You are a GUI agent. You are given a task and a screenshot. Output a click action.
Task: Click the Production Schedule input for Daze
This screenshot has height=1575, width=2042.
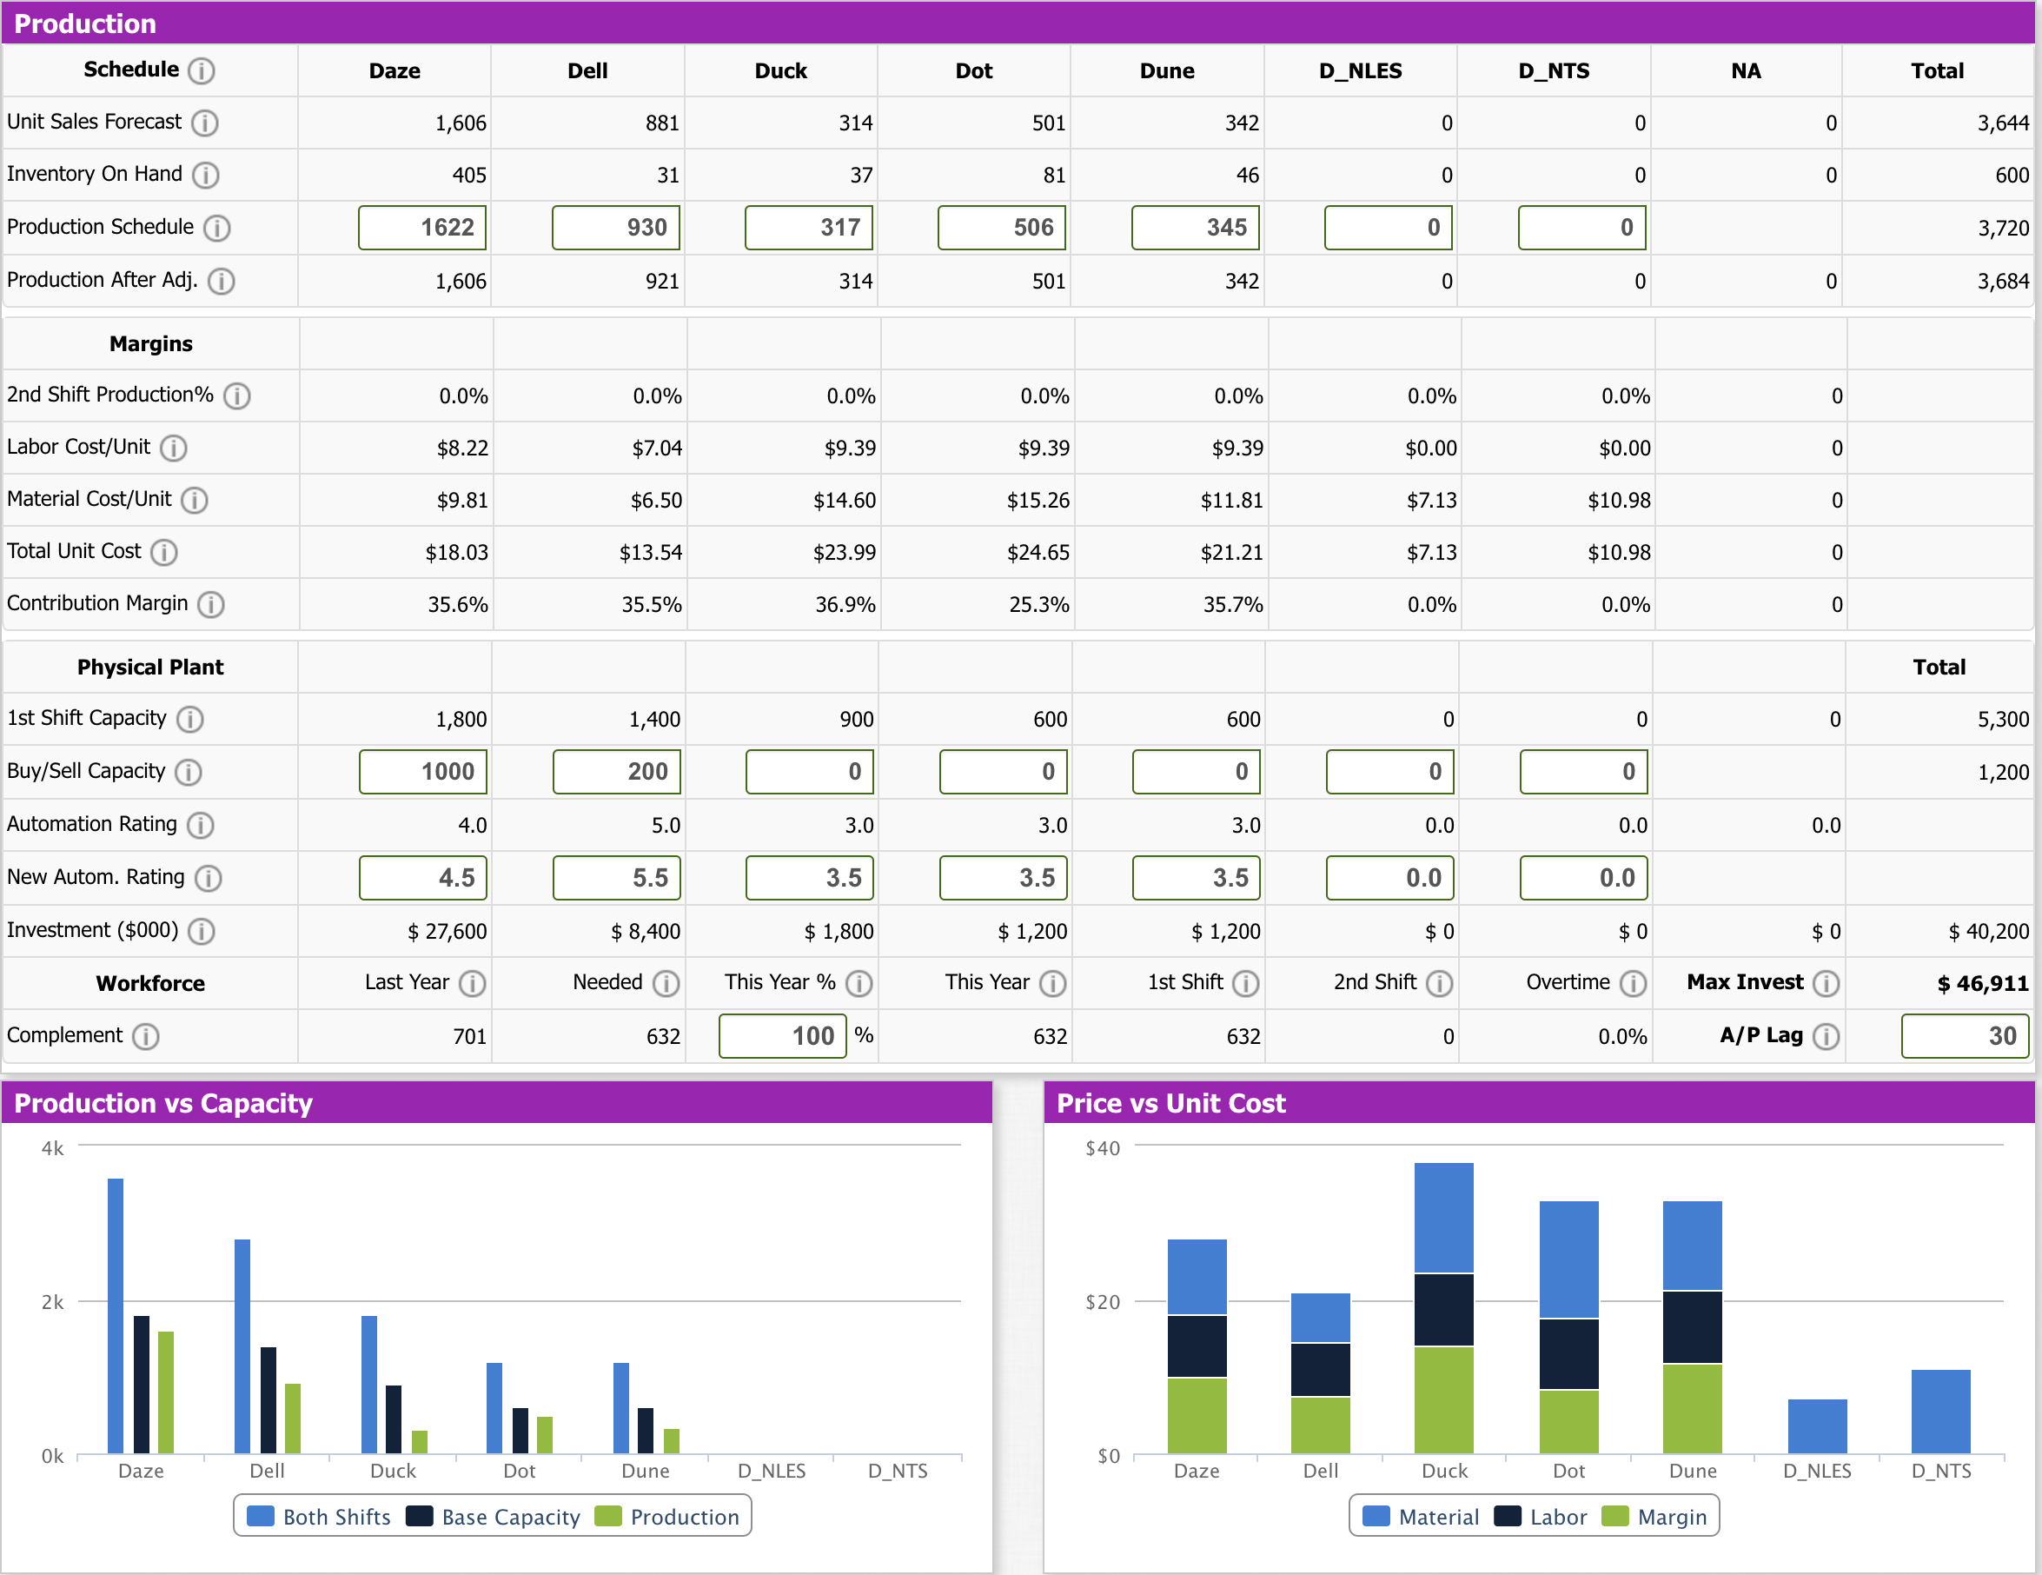pyautogui.click(x=421, y=227)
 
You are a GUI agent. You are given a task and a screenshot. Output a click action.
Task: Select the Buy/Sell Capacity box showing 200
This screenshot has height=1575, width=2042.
pyautogui.click(x=616, y=772)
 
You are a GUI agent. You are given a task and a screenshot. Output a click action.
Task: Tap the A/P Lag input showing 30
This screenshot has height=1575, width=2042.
pyautogui.click(x=1964, y=1035)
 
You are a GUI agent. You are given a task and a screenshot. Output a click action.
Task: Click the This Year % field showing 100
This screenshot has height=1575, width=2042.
pyautogui.click(x=782, y=1035)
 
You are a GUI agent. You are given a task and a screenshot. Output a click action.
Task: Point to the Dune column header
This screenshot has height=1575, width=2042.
pyautogui.click(x=1166, y=71)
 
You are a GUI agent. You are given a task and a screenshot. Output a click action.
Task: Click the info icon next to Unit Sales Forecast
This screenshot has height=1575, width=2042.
pyautogui.click(x=205, y=123)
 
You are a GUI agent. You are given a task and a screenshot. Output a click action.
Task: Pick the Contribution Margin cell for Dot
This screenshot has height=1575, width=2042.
pyautogui.click(x=1038, y=604)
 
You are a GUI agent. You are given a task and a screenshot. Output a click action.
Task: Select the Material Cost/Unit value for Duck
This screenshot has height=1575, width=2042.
pyautogui.click(x=844, y=501)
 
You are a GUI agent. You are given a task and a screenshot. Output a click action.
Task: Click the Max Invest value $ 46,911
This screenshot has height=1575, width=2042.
pyautogui.click(x=1981, y=983)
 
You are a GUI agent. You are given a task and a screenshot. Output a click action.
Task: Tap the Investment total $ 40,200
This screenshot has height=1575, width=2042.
pyautogui.click(x=1988, y=932)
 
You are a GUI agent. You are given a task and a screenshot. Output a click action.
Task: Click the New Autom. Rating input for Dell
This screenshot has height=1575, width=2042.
pyautogui.click(x=616, y=877)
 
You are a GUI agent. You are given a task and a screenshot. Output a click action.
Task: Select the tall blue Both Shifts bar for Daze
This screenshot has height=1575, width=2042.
pyautogui.click(x=116, y=1314)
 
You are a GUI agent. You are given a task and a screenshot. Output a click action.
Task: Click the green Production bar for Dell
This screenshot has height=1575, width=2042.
pyautogui.click(x=293, y=1417)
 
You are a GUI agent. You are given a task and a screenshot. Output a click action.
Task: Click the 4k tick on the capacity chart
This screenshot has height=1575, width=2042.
pyautogui.click(x=52, y=1147)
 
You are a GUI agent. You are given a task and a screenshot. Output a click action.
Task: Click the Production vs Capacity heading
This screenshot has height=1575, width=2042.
pyautogui.click(x=162, y=1103)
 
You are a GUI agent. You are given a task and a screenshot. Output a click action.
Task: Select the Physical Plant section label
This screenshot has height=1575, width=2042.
pyautogui.click(x=149, y=667)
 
